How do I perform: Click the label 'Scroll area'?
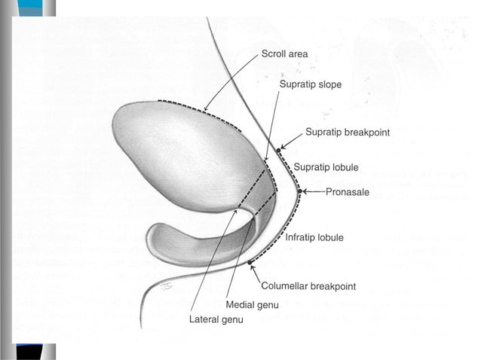pos(284,54)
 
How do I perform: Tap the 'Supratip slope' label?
pos(310,84)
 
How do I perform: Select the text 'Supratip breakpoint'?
pos(348,133)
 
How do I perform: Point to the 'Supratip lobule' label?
pos(326,166)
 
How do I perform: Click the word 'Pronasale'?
pos(348,192)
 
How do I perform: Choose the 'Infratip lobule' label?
pos(314,237)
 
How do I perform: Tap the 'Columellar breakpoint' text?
pos(308,286)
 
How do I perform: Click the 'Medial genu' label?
pos(253,304)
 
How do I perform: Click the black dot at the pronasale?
pos(299,191)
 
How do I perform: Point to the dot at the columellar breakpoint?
pos(250,262)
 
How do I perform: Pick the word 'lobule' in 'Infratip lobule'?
pos(329,237)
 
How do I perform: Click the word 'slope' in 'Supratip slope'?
pos(329,84)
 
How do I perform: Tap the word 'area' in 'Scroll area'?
pos(297,54)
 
